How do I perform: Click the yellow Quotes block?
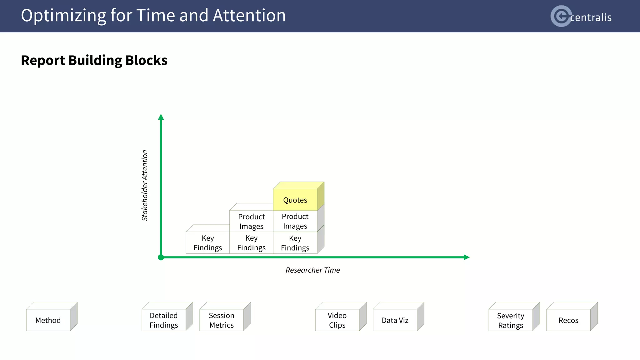pyautogui.click(x=295, y=200)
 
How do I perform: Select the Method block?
pyautogui.click(x=48, y=320)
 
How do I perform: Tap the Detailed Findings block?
pyautogui.click(x=164, y=320)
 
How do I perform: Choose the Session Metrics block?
pyautogui.click(x=222, y=320)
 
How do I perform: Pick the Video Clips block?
pyautogui.click(x=337, y=320)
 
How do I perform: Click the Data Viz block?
pyautogui.click(x=395, y=320)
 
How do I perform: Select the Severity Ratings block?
pyautogui.click(x=511, y=320)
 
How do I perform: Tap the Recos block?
pyautogui.click(x=568, y=320)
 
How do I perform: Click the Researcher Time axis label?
pyautogui.click(x=312, y=270)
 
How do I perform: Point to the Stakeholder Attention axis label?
pyautogui.click(x=145, y=186)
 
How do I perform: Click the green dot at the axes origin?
pyautogui.click(x=161, y=257)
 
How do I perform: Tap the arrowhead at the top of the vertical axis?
pyautogui.click(x=161, y=117)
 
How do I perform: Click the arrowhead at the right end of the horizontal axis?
pyautogui.click(x=467, y=257)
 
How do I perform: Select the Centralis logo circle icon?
pyautogui.click(x=561, y=16)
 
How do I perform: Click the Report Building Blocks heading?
pyautogui.click(x=94, y=60)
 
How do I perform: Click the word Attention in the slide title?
pyautogui.click(x=249, y=15)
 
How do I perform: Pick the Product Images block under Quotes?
pyautogui.click(x=295, y=221)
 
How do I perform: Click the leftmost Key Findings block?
pyautogui.click(x=208, y=243)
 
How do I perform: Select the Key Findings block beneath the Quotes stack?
pyautogui.click(x=295, y=243)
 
